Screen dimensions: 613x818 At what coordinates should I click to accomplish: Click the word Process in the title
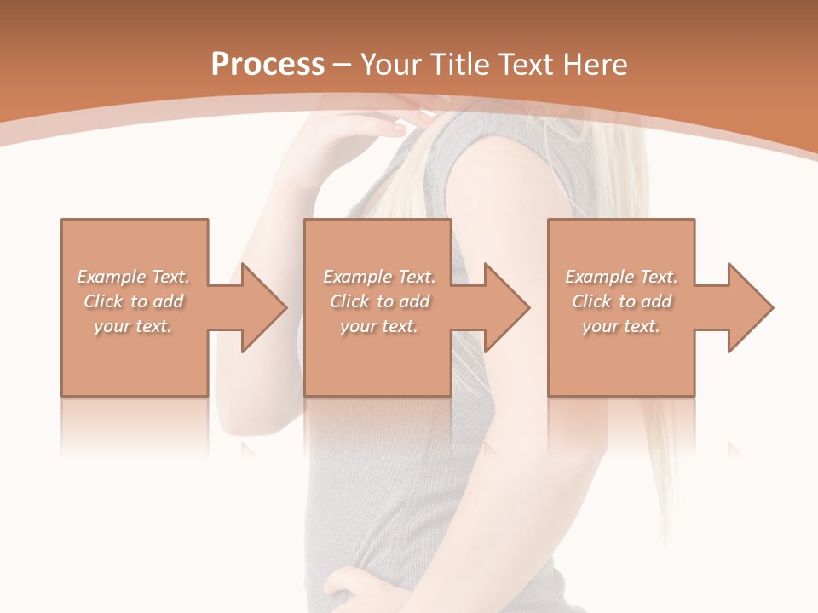pos(268,64)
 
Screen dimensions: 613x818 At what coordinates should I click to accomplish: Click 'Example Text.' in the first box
pos(133,277)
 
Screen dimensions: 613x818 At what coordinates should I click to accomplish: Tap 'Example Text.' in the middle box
pos(379,277)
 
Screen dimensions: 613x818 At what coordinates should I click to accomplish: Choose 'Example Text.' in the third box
pos(621,277)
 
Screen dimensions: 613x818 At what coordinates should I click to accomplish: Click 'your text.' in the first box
pos(133,326)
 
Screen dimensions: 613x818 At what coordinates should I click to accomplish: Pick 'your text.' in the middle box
pos(379,326)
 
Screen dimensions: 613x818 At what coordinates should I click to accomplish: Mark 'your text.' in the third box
pos(621,326)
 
